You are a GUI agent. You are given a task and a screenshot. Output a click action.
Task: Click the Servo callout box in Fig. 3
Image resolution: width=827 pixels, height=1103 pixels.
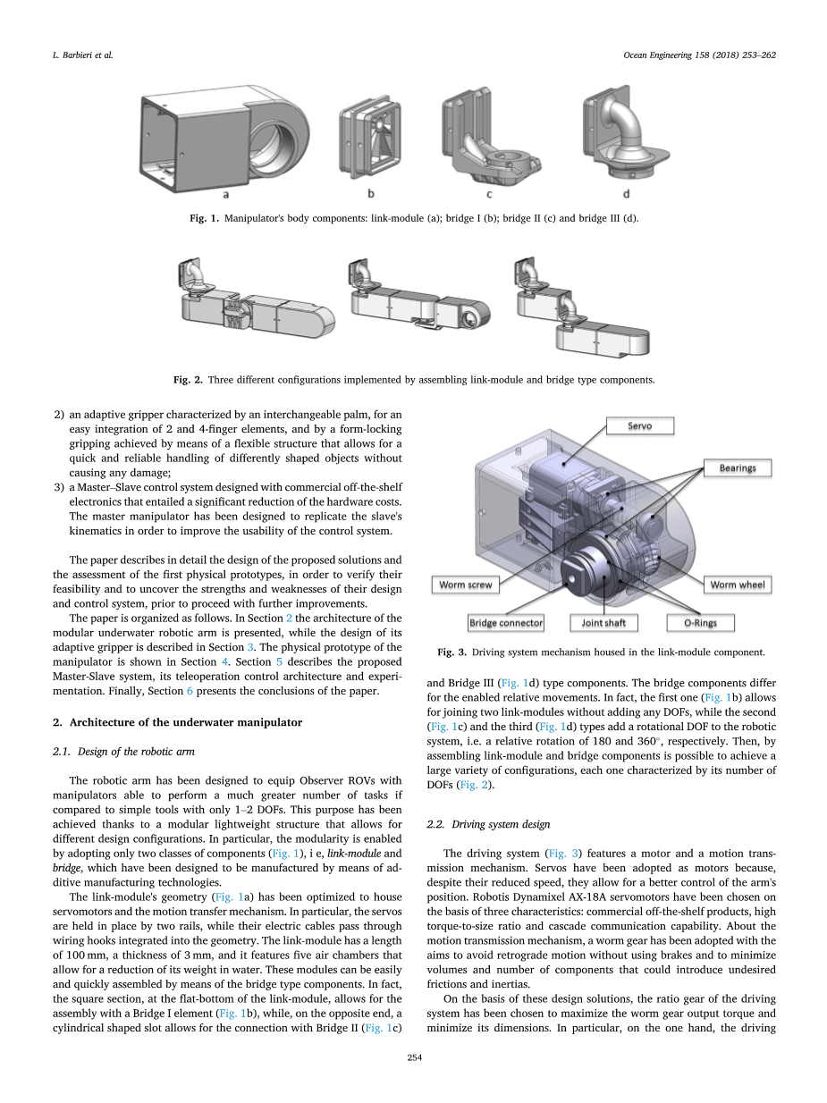[640, 425]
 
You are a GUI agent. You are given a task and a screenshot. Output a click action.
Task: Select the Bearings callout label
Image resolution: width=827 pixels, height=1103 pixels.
[738, 467]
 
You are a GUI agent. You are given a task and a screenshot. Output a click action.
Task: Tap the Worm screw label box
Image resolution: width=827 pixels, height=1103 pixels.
[466, 585]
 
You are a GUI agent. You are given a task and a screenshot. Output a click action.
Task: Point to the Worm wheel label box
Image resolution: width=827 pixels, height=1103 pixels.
[737, 585]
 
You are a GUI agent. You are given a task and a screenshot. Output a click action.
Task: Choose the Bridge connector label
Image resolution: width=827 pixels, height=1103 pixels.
[506, 622]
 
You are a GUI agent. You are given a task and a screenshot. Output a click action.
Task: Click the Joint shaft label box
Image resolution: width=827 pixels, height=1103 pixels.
[603, 622]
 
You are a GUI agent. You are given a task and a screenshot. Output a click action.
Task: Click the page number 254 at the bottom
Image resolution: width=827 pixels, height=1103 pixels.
[414, 1057]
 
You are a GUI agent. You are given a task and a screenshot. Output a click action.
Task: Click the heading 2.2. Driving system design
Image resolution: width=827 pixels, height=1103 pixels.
[487, 823]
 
